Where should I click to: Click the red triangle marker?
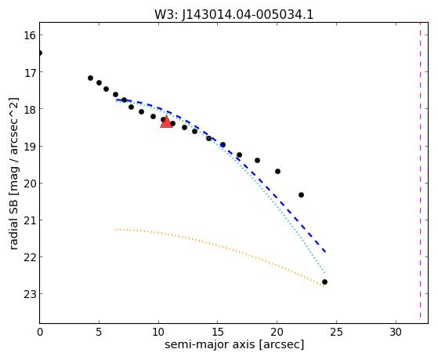click(x=166, y=122)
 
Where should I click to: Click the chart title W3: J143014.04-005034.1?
click(x=234, y=15)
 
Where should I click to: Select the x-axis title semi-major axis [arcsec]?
click(x=234, y=344)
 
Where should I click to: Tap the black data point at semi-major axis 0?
click(x=40, y=53)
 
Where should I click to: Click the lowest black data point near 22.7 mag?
click(x=324, y=282)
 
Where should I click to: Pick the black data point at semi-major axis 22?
click(x=301, y=195)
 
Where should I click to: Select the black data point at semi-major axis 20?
click(x=277, y=171)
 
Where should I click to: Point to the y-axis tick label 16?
click(x=30, y=35)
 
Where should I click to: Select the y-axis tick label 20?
click(x=30, y=184)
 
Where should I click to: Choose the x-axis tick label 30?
click(x=396, y=332)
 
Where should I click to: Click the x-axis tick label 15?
click(x=218, y=332)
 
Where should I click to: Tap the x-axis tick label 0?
click(x=40, y=332)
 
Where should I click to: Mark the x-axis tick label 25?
click(x=336, y=332)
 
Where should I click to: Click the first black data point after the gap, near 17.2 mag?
click(x=91, y=78)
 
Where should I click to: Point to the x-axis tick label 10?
click(x=158, y=332)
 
